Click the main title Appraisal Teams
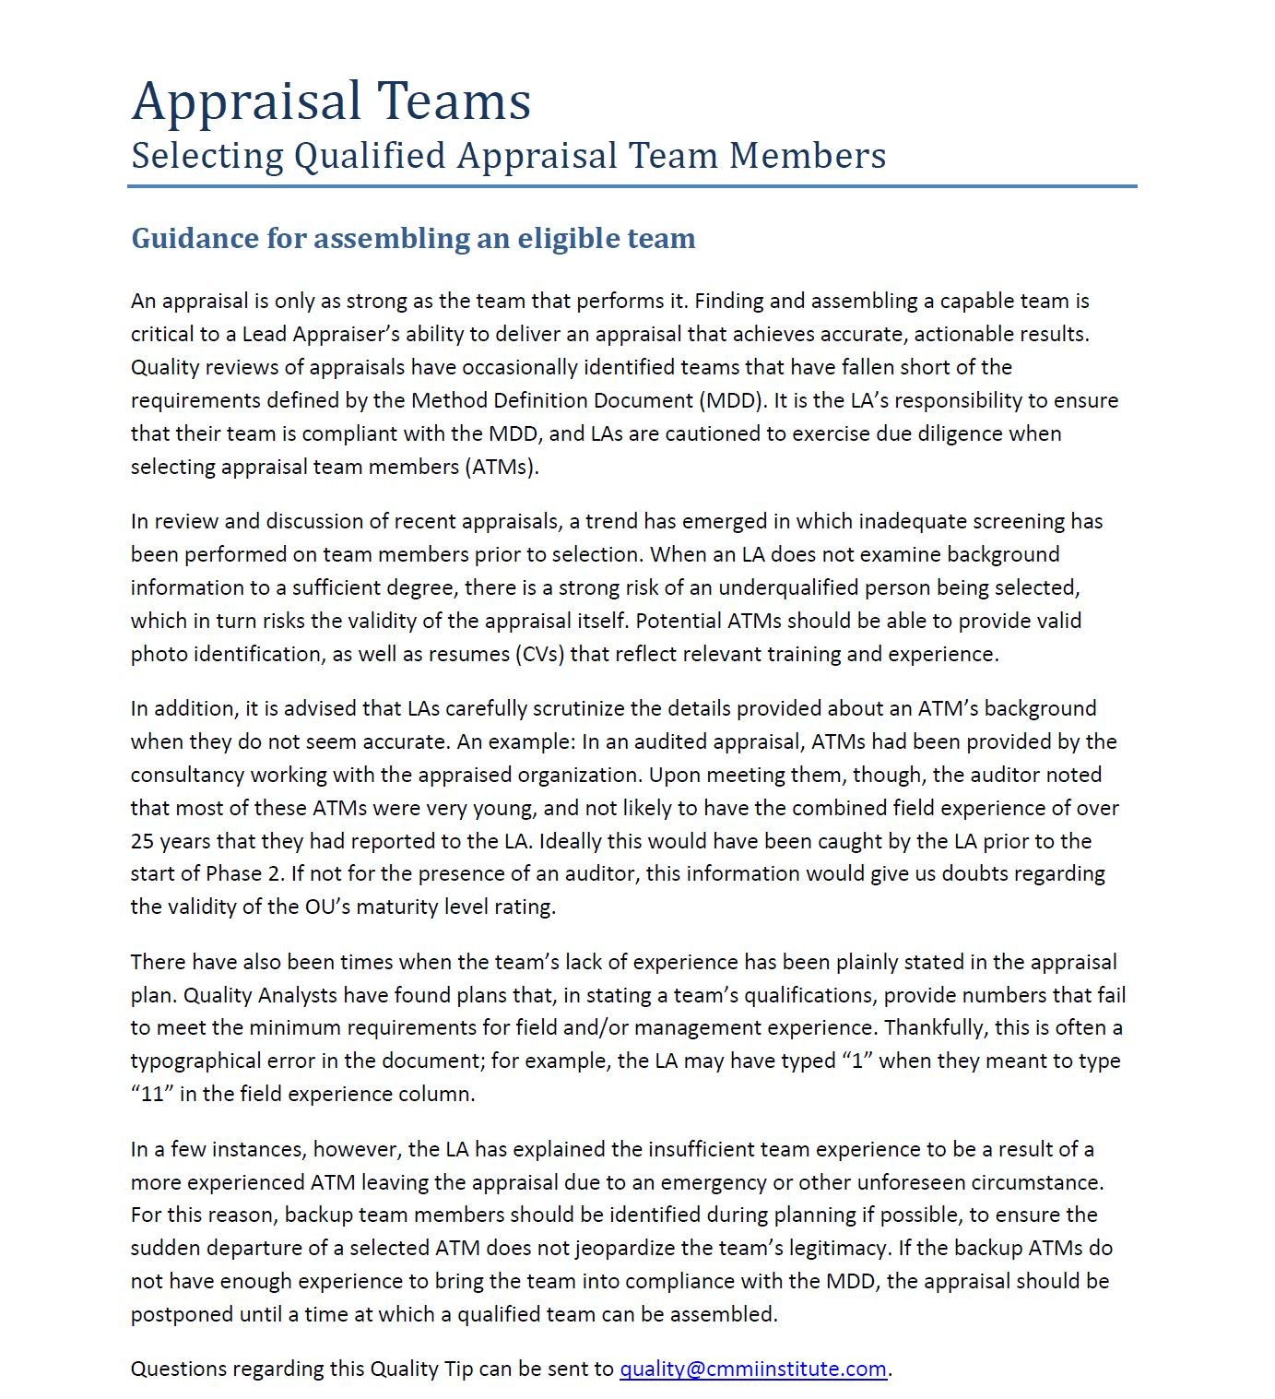click(331, 101)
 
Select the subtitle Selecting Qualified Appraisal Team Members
click(508, 156)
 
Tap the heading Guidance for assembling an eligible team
click(413, 238)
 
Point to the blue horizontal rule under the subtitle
click(632, 186)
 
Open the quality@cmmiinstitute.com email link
click(752, 1369)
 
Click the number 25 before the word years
click(142, 841)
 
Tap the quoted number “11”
click(151, 1094)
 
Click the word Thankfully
click(933, 1027)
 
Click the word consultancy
click(188, 775)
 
